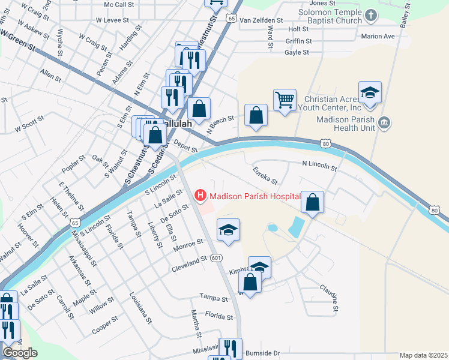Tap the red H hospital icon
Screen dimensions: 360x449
(x=200, y=196)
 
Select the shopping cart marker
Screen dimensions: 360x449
(x=285, y=99)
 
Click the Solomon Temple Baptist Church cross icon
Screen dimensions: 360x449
(x=370, y=16)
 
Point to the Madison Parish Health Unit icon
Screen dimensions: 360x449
(x=385, y=124)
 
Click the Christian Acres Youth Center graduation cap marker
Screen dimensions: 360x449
(x=370, y=92)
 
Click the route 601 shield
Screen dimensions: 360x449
(x=217, y=257)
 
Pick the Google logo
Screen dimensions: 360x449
(x=20, y=353)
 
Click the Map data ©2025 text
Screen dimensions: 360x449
(x=423, y=355)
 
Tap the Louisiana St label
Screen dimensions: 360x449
(x=140, y=308)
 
